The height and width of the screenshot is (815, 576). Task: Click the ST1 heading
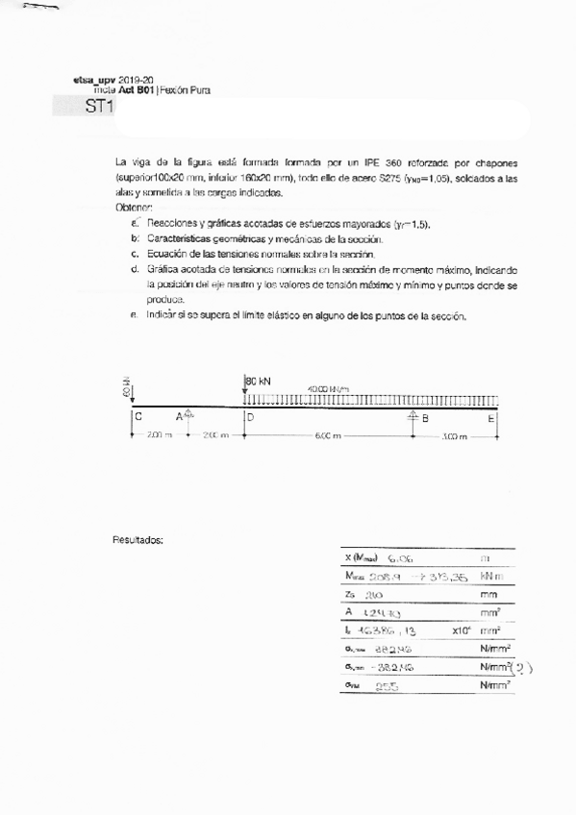(x=99, y=108)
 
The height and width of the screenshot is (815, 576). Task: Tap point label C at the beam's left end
(x=138, y=417)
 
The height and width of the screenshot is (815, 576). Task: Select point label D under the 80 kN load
(x=250, y=417)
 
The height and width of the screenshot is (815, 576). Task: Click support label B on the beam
(x=424, y=417)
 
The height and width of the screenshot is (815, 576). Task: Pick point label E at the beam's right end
(x=491, y=417)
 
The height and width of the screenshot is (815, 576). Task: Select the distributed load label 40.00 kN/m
(x=328, y=388)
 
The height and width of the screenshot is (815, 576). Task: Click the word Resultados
(x=138, y=540)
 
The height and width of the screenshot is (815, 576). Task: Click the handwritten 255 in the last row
(x=387, y=686)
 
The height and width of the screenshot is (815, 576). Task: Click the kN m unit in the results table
(x=492, y=576)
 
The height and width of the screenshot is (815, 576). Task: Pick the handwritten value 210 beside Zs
(x=374, y=595)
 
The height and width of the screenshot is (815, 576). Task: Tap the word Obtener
(x=134, y=207)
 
